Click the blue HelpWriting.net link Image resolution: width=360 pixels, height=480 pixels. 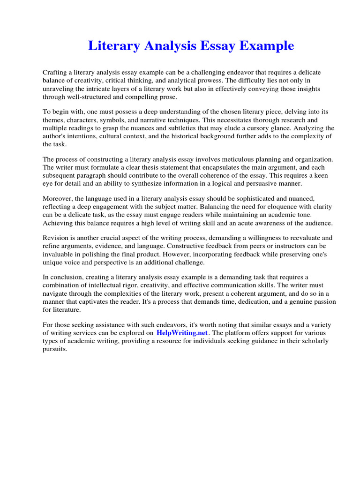tap(182, 333)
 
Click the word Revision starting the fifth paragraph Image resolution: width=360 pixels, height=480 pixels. tap(56, 238)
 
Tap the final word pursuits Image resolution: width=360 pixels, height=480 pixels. tap(55, 349)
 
